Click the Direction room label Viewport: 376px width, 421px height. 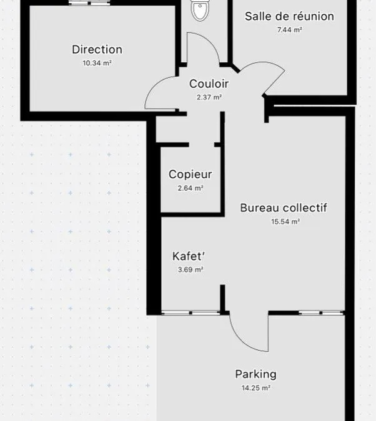point(97,50)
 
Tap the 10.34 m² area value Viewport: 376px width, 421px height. point(97,63)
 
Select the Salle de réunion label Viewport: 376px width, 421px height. point(289,16)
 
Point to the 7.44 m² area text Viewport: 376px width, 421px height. point(289,29)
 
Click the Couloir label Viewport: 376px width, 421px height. point(209,84)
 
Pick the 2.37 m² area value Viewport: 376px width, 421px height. point(209,97)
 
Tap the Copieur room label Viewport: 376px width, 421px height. point(190,175)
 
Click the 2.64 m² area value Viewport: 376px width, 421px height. point(190,188)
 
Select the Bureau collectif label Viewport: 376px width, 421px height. point(284,208)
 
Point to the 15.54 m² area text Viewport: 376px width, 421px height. point(285,221)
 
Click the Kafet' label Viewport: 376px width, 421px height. point(188,256)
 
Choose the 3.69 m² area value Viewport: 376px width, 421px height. point(190,269)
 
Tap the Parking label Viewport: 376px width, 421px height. point(256,375)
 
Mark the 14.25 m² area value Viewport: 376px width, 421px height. point(256,388)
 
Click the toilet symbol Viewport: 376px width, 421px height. point(200,10)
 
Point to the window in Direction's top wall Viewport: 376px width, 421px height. point(89,3)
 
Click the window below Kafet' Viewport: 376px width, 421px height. point(190,313)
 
